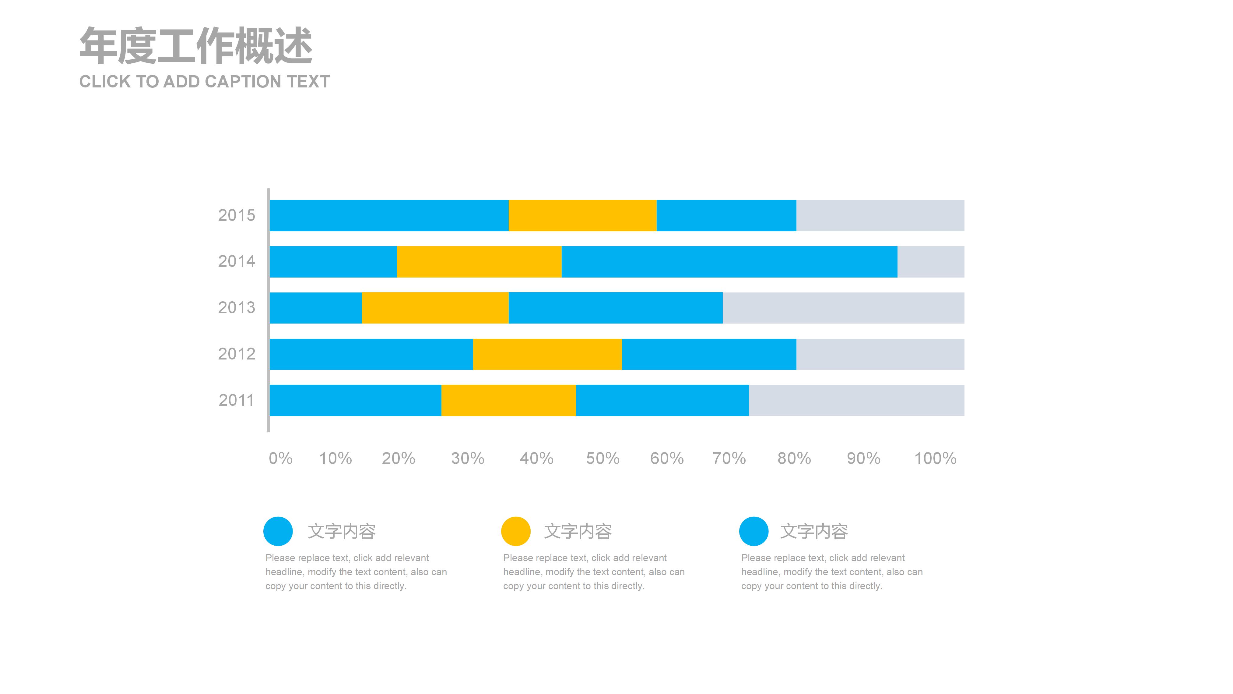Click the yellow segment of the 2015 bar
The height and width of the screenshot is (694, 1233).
pyautogui.click(x=582, y=215)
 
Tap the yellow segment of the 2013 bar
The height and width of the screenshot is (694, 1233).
pyautogui.click(x=435, y=308)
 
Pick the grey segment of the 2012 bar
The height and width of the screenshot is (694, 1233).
pyautogui.click(x=880, y=354)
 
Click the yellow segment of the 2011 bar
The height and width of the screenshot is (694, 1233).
pyautogui.click(x=508, y=400)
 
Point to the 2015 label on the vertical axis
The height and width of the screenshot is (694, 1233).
pyautogui.click(x=237, y=215)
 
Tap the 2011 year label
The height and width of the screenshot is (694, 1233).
pyautogui.click(x=237, y=400)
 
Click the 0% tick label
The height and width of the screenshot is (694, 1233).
pyautogui.click(x=280, y=459)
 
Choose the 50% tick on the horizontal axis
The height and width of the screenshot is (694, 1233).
pyautogui.click(x=602, y=459)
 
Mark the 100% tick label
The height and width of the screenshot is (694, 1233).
pyautogui.click(x=935, y=459)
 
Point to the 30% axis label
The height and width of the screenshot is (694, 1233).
pyautogui.click(x=468, y=459)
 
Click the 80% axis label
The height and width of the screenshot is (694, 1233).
pyautogui.click(x=794, y=459)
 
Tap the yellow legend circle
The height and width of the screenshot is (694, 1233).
pyautogui.click(x=515, y=531)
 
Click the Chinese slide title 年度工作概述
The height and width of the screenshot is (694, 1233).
pyautogui.click(x=196, y=46)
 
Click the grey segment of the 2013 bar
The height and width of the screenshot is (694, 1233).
pyautogui.click(x=843, y=308)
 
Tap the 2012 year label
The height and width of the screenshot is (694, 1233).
pyautogui.click(x=237, y=354)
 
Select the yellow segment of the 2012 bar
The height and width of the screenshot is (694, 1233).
pyautogui.click(x=547, y=354)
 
